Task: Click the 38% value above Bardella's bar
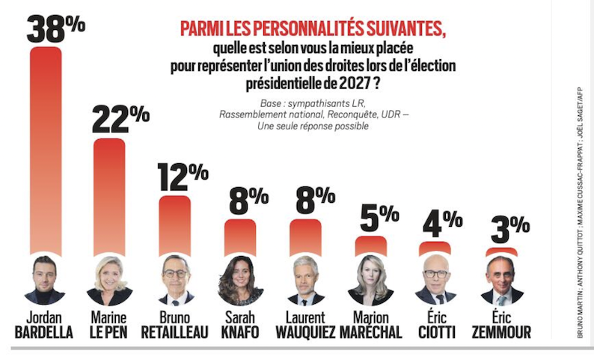[x=55, y=30]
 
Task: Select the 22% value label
[x=120, y=118]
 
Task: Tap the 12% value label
[x=183, y=177]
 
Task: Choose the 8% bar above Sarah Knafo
[x=240, y=237]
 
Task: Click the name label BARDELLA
[x=44, y=332]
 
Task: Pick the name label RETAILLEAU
[x=174, y=332]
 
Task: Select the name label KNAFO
[x=240, y=332]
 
